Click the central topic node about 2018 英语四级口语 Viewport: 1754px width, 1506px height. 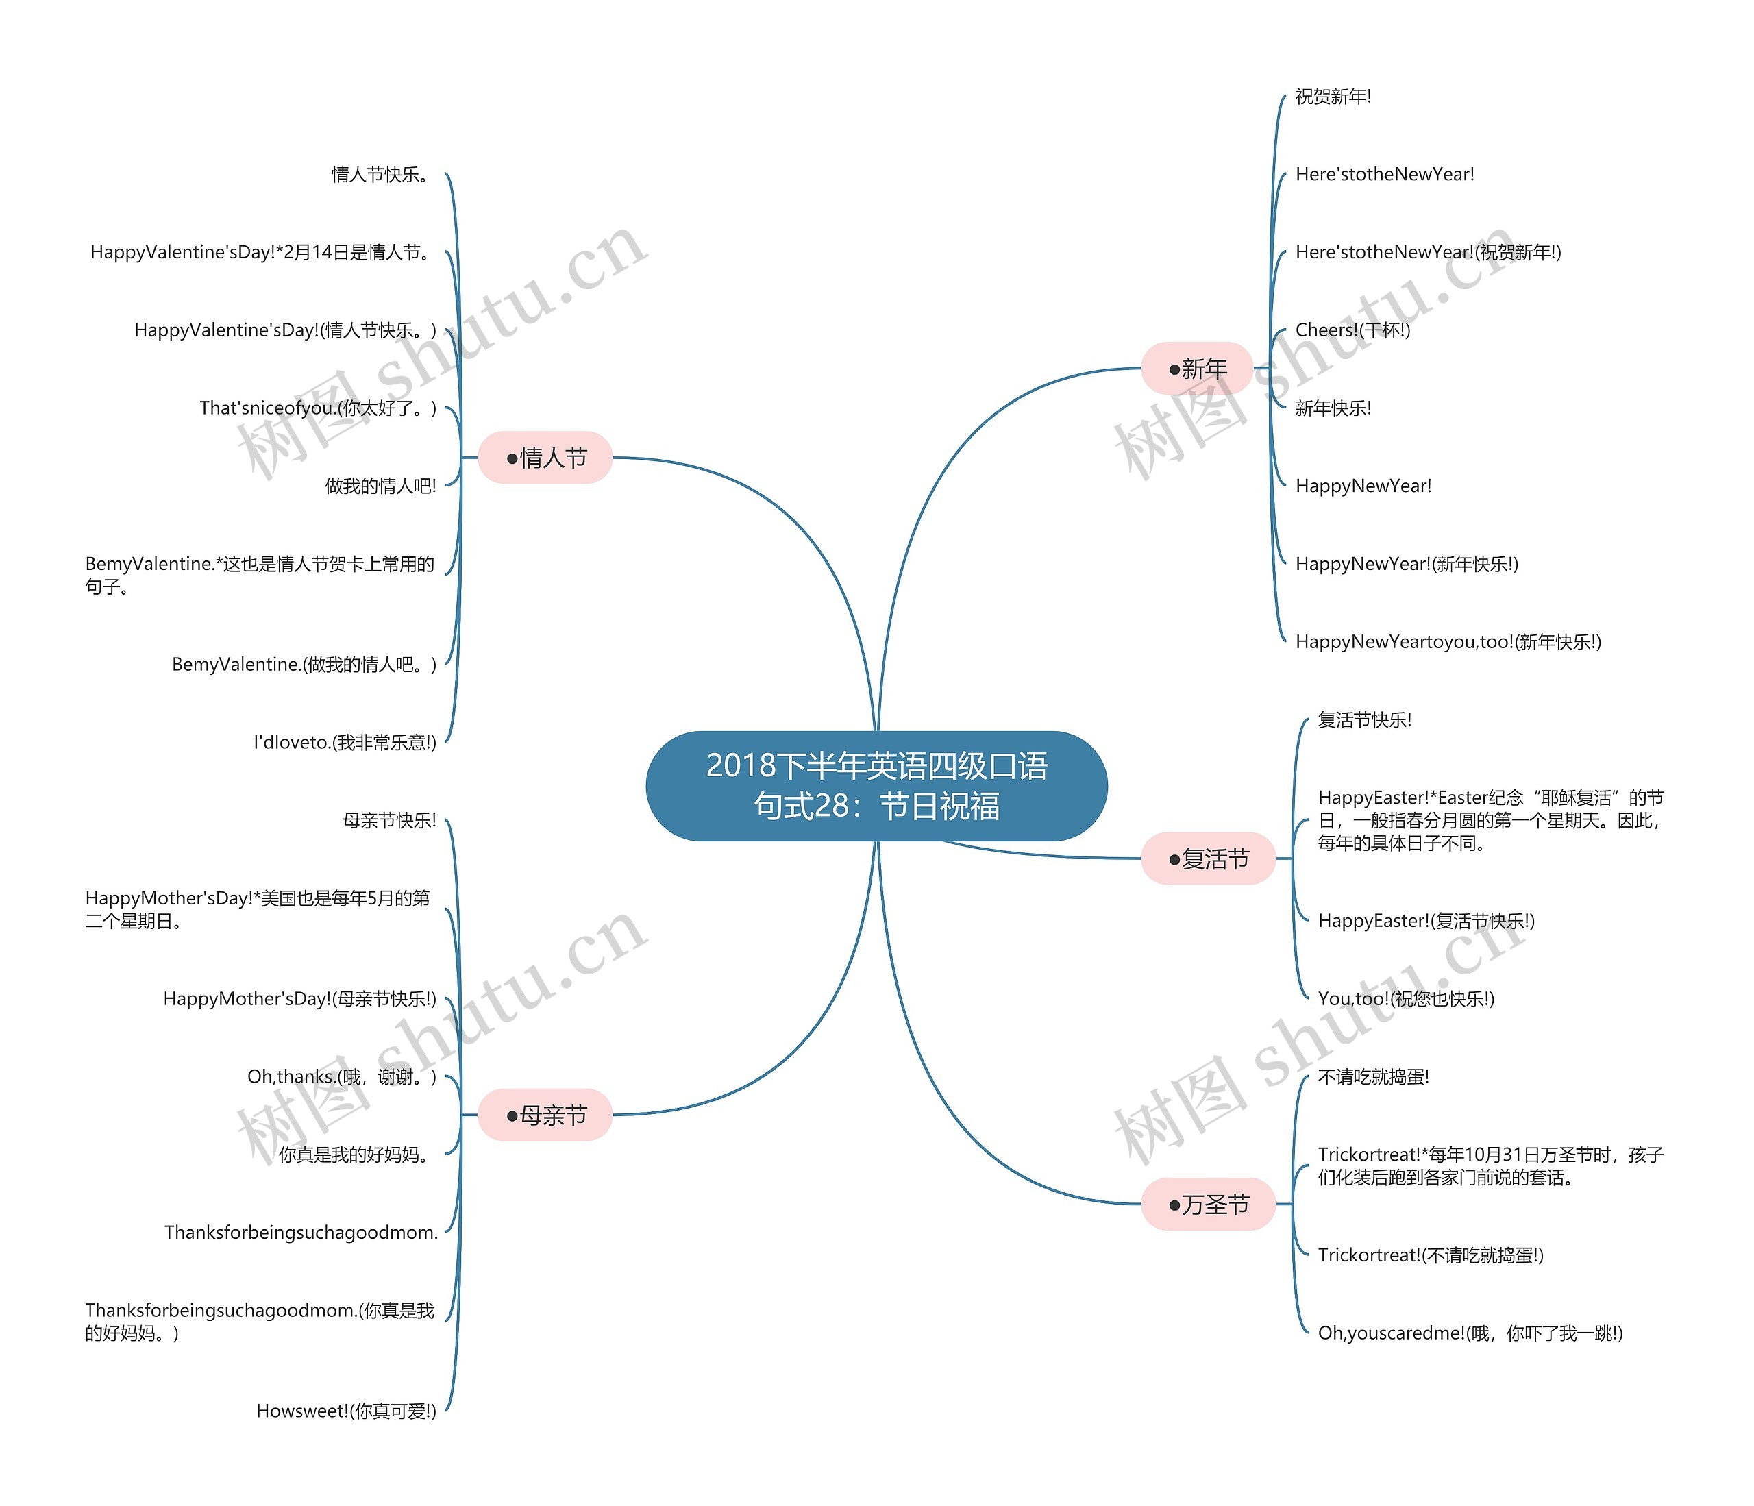pyautogui.click(x=876, y=786)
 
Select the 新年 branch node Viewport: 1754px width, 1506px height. pyautogui.click(x=1196, y=368)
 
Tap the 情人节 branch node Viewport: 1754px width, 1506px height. pyautogui.click(x=545, y=458)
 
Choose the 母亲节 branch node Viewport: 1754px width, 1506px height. pyautogui.click(x=545, y=1115)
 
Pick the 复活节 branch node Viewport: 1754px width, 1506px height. pyautogui.click(x=1208, y=859)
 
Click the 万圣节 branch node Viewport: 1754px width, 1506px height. pyautogui.click(x=1208, y=1204)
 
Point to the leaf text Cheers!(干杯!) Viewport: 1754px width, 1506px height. pyautogui.click(x=1352, y=330)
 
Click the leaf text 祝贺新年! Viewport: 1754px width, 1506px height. pyautogui.click(x=1333, y=97)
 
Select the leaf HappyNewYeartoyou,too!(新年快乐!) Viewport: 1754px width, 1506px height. pyautogui.click(x=1448, y=642)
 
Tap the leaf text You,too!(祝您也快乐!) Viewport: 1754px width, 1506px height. pyautogui.click(x=1406, y=999)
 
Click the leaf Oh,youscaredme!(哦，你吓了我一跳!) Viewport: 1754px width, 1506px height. pyautogui.click(x=1470, y=1333)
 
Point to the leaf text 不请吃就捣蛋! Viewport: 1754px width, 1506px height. pyautogui.click(x=1374, y=1077)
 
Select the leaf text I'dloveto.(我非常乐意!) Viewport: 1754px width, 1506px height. pyautogui.click(x=345, y=743)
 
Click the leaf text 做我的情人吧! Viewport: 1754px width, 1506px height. pyautogui.click(x=381, y=486)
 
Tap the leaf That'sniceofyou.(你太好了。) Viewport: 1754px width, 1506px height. pyautogui.click(x=319, y=408)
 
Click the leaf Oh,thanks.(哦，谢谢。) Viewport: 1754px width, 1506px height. pyautogui.click(x=342, y=1077)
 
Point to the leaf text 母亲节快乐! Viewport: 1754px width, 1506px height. pyautogui.click(x=389, y=820)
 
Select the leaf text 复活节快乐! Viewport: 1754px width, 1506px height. pyautogui.click(x=1365, y=720)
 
